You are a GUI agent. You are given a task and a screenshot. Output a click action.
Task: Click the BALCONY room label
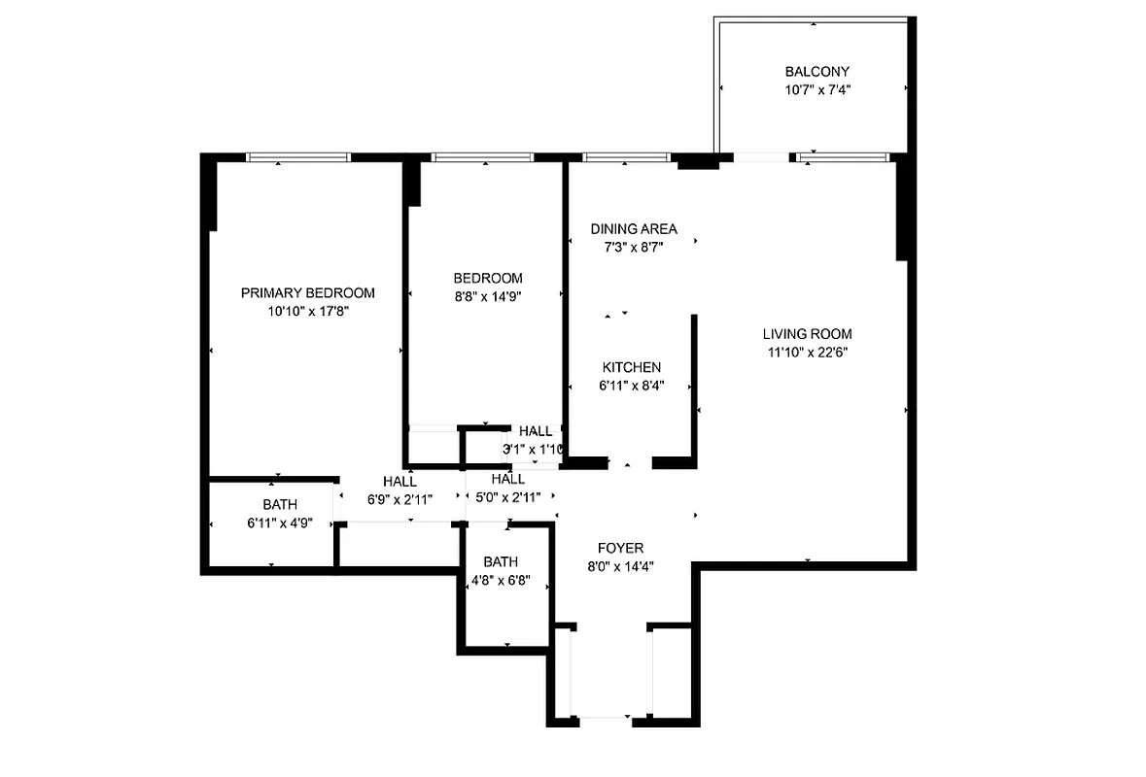(x=816, y=72)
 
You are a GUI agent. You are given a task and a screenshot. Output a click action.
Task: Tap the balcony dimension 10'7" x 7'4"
(x=816, y=89)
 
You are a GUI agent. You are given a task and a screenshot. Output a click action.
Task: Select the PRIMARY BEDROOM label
(x=307, y=293)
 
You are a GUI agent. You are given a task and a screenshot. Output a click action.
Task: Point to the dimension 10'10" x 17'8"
(x=307, y=311)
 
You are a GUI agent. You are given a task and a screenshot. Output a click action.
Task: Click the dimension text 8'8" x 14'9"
(x=488, y=296)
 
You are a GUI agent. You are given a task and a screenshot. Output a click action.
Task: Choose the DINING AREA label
(x=634, y=229)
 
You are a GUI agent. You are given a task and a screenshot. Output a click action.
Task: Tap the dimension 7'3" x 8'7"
(x=634, y=247)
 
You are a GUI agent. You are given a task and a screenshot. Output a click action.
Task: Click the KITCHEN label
(x=631, y=367)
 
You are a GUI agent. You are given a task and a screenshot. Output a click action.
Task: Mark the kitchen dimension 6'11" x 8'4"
(x=631, y=385)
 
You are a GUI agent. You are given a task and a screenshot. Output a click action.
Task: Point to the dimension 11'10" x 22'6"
(x=807, y=353)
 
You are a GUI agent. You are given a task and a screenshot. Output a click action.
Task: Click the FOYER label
(x=620, y=549)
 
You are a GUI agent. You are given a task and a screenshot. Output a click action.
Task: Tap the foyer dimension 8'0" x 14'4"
(x=620, y=566)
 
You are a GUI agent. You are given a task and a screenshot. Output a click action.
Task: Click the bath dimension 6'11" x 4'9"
(x=279, y=523)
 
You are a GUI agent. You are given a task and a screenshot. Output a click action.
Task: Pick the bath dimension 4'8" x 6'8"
(x=501, y=580)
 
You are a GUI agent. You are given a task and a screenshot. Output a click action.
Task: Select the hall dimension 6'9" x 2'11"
(x=399, y=498)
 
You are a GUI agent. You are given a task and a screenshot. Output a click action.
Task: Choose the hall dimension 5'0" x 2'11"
(x=507, y=496)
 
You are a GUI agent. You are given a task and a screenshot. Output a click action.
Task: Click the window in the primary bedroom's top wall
(x=297, y=157)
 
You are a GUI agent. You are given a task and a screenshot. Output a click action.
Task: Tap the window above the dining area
(x=626, y=157)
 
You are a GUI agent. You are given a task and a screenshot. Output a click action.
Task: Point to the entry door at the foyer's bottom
(x=604, y=720)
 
